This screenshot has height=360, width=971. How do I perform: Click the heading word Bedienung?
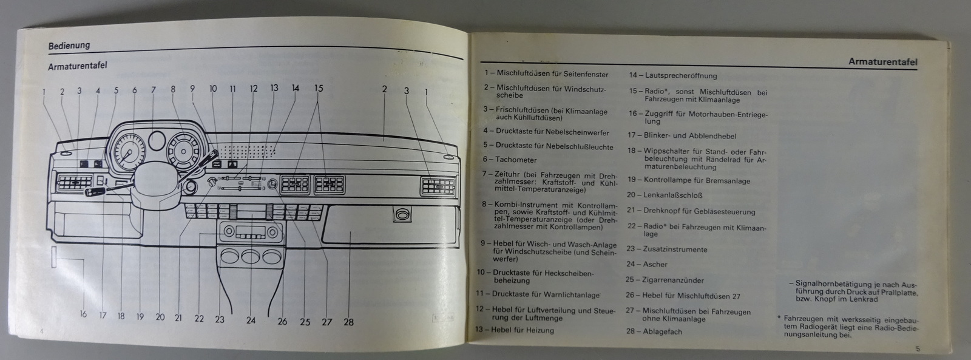pos(69,46)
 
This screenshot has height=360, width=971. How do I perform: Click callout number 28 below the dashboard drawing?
pos(348,322)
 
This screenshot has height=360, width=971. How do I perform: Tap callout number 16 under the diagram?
pos(83,314)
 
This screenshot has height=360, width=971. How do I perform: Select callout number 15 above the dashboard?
pos(319,88)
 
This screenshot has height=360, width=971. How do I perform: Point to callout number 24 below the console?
pos(251,321)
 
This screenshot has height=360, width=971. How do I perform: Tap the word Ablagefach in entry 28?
pos(662,331)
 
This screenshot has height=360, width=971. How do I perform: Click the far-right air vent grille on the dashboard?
pos(438,186)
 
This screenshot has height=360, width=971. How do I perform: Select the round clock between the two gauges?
pos(157,140)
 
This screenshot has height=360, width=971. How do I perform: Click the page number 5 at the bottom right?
pos(918,348)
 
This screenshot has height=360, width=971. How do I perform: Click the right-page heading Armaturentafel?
pos(882,62)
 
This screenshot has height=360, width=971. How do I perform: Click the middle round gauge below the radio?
pos(251,256)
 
